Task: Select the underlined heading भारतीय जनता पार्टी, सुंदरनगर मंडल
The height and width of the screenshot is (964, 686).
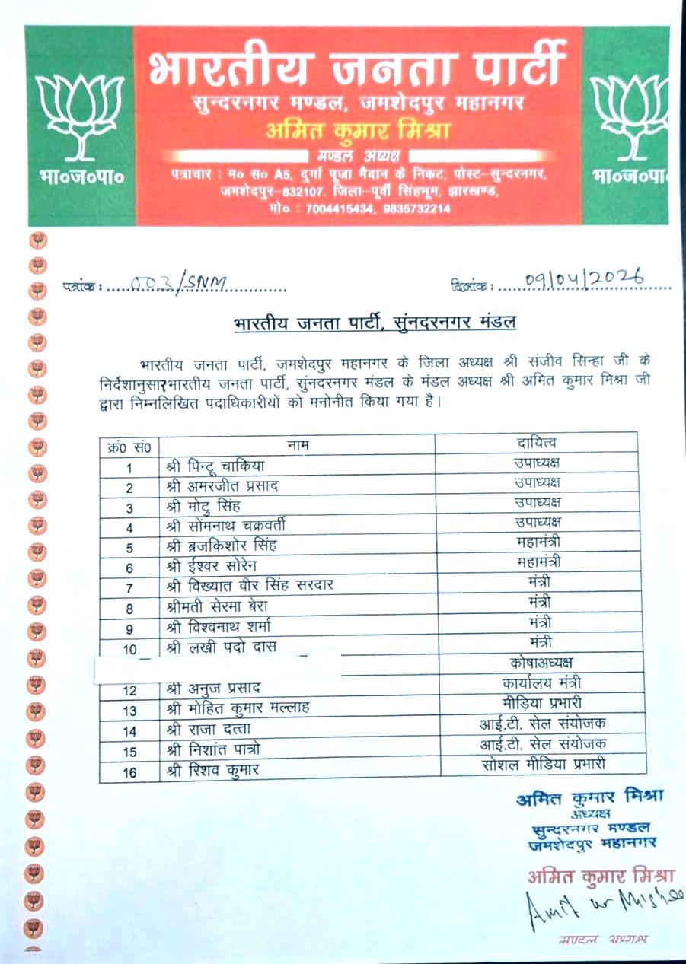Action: coord(375,323)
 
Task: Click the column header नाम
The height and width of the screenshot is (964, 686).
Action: coord(297,444)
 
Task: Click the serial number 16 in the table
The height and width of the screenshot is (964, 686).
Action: coord(129,771)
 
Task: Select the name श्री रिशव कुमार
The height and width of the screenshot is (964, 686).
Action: coord(212,770)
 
